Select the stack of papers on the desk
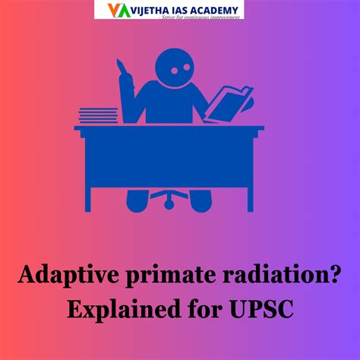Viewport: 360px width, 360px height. (99, 115)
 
